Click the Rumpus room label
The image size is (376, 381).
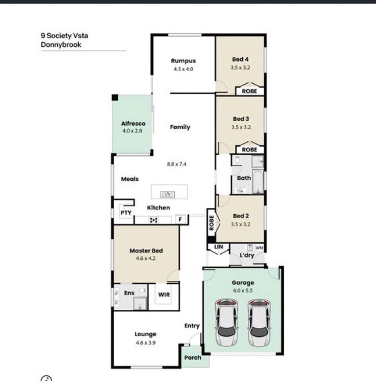coord(184,61)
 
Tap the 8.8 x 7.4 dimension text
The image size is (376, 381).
coord(176,164)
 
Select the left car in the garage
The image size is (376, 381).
coord(226,323)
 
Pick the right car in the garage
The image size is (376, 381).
coord(259,323)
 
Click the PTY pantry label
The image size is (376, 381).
coord(126,213)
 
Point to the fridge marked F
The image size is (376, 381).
coord(180,219)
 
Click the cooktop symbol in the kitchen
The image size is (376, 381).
coord(154,220)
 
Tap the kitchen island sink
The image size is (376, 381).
coord(168,194)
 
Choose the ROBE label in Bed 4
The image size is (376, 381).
coord(249,91)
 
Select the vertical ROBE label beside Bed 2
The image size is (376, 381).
coord(212,223)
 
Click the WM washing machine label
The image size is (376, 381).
coord(259,248)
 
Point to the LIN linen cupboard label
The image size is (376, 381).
coord(218,247)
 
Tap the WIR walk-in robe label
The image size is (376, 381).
coord(164,295)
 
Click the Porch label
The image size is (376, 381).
coord(192,358)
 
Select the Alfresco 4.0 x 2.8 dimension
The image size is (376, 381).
coord(132,131)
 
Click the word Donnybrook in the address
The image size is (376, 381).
coord(61,45)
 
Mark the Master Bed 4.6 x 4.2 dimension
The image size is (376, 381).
coord(146,258)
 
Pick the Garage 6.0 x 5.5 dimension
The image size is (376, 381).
coord(243,291)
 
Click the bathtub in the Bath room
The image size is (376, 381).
coord(258,181)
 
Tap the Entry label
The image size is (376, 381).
coord(192,326)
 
